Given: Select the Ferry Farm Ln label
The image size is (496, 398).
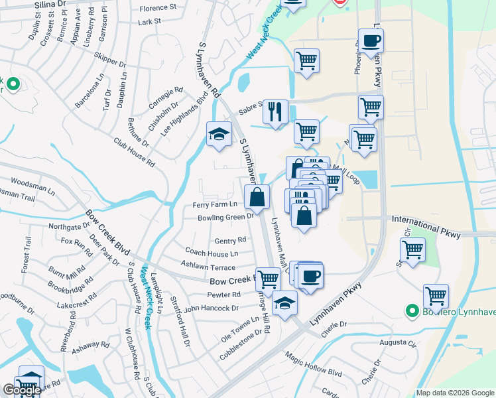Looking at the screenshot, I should tap(215, 205).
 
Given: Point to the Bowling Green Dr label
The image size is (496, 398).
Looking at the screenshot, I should tap(226, 217).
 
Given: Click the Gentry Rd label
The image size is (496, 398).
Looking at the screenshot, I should tap(231, 240).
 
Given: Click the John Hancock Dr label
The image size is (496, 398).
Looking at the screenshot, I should tap(212, 308).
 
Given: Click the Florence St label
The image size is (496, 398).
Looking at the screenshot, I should tap(158, 9).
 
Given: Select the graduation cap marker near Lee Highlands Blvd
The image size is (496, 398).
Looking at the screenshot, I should tap(219, 134).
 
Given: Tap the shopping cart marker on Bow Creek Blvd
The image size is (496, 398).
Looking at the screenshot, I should tap(268, 278).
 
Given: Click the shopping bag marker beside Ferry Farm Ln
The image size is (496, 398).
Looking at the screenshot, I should tap(257, 196).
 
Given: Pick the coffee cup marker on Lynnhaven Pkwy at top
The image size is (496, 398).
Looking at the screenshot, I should tap(371, 41).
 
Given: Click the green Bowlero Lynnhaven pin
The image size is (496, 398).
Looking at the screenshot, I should tap(411, 310).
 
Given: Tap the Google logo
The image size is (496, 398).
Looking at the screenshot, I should tap(21, 391).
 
